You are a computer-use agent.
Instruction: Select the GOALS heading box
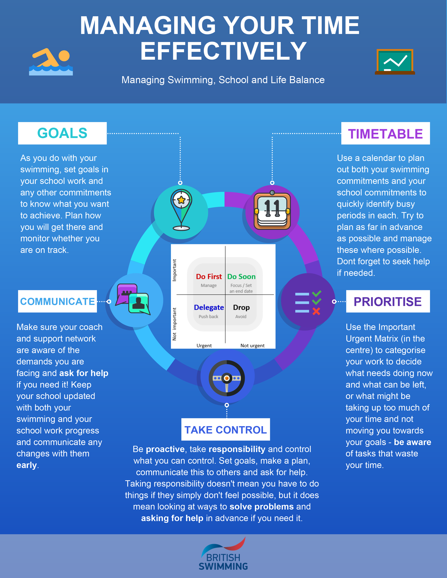click(62, 133)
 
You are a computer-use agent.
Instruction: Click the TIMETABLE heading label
click(385, 134)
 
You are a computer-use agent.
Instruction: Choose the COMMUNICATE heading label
click(57, 301)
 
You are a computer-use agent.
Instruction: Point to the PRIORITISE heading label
click(388, 301)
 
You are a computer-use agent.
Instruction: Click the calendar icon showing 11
click(272, 211)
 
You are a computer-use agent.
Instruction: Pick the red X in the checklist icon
click(316, 311)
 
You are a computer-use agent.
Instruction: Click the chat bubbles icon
click(133, 299)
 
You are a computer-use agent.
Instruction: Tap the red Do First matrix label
click(209, 277)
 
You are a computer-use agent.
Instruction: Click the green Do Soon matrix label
click(241, 277)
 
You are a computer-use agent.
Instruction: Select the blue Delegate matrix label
click(209, 307)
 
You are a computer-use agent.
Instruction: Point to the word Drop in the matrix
click(241, 307)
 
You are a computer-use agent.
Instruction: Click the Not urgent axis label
click(252, 345)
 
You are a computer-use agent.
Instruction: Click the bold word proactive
click(165, 449)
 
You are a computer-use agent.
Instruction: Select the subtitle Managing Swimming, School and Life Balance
click(223, 80)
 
